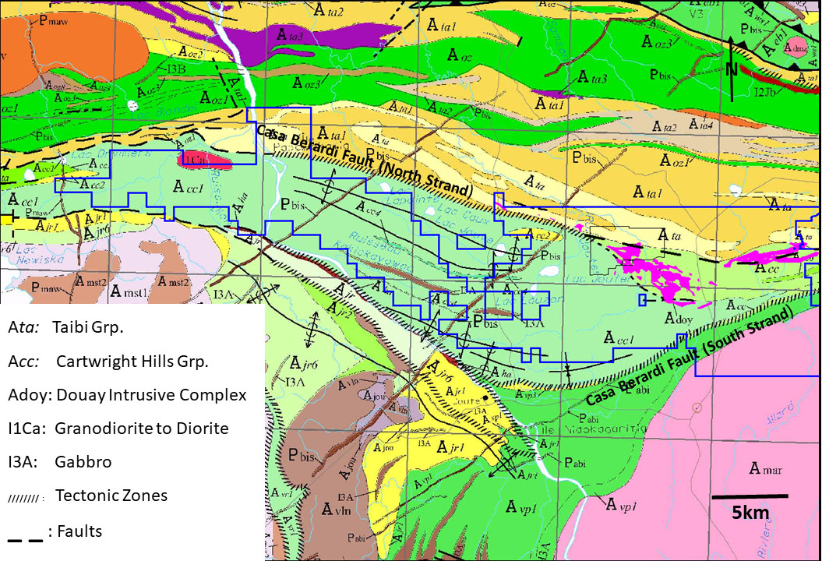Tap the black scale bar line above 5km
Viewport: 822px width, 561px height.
pos(750,496)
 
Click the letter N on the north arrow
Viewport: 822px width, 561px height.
pos(732,69)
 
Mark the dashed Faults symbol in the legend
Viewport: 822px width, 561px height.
pos(23,535)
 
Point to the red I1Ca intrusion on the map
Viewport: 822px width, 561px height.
pos(205,160)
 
